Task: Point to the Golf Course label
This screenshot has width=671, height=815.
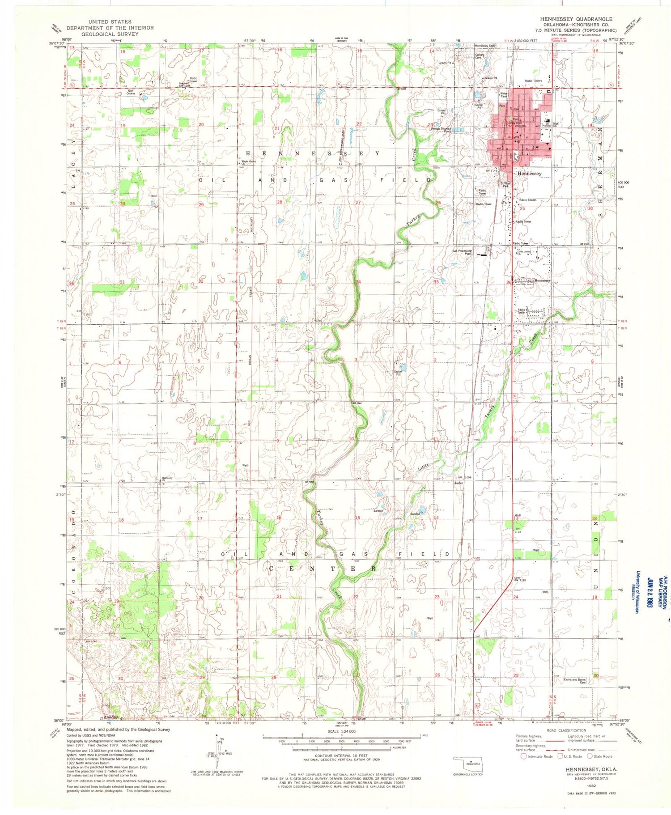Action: click(131, 92)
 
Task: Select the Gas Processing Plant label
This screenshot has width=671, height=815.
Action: click(462, 252)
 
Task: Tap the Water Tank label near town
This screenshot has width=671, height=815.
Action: click(504, 95)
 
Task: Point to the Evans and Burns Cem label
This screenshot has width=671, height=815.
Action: click(576, 681)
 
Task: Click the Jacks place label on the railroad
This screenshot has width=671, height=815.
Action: click(458, 483)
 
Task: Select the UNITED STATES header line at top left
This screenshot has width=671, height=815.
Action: click(110, 21)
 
